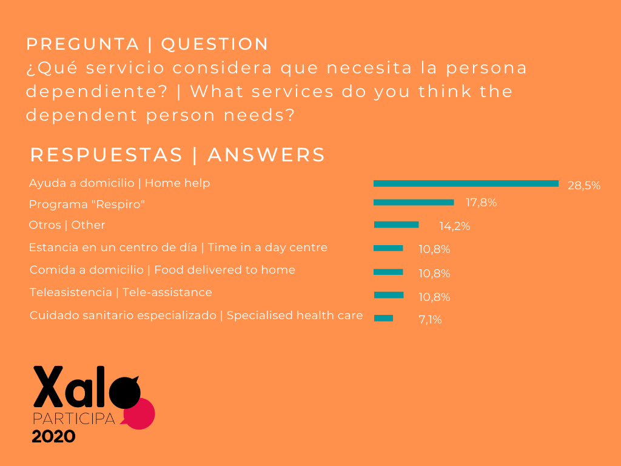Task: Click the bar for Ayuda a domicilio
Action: click(x=466, y=183)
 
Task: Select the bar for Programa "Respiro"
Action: click(x=414, y=203)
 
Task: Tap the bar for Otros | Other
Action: click(x=396, y=225)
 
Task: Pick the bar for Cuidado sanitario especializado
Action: click(x=384, y=318)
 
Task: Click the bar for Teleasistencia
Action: click(x=389, y=295)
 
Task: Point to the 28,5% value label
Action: click(x=584, y=186)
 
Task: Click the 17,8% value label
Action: click(x=480, y=203)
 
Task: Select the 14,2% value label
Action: click(x=455, y=227)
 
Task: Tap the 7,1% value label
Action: click(x=430, y=320)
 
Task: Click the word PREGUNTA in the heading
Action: click(x=83, y=44)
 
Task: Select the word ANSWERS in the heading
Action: click(x=266, y=155)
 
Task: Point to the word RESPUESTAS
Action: click(x=106, y=155)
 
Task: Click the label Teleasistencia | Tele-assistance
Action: click(x=121, y=292)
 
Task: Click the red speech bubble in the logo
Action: click(x=143, y=414)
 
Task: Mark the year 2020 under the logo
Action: click(x=53, y=436)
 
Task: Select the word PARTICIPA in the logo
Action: click(x=73, y=419)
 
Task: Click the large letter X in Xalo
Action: click(x=47, y=387)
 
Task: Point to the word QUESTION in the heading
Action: click(x=215, y=44)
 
